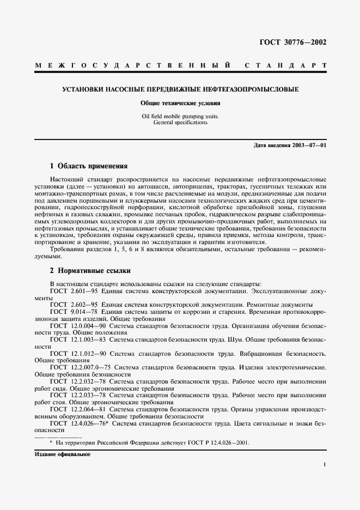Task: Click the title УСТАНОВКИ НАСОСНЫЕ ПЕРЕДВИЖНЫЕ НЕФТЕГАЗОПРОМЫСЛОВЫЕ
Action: click(180, 89)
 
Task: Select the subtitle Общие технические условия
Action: click(180, 102)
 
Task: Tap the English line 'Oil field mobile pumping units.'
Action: click(180, 116)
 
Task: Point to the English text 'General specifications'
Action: click(180, 123)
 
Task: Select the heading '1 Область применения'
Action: click(88, 166)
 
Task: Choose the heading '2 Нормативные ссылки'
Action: click(90, 270)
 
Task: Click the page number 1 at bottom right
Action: click(324, 465)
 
